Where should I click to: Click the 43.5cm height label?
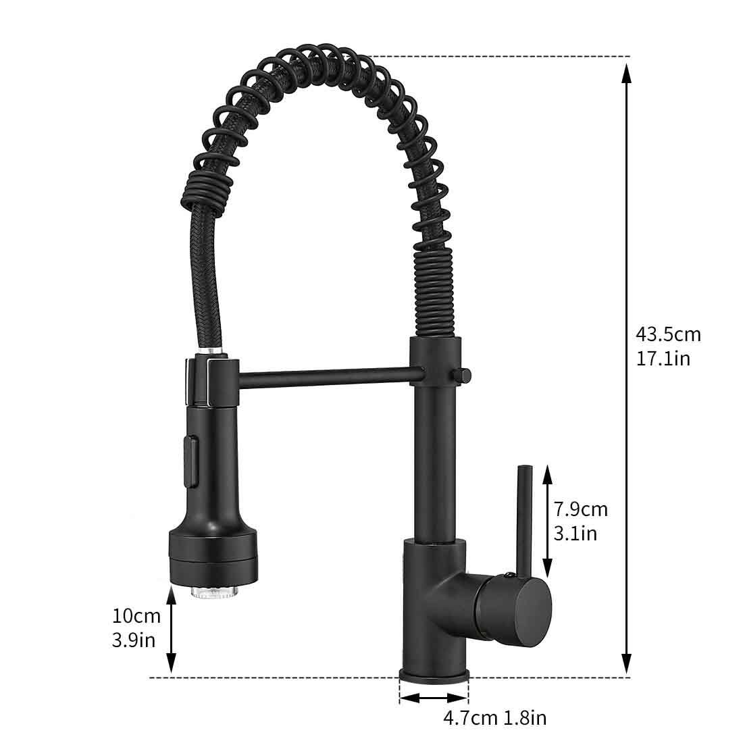pyautogui.click(x=668, y=334)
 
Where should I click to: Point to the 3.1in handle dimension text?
pyautogui.click(x=575, y=533)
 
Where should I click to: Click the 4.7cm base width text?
pyautogui.click(x=470, y=717)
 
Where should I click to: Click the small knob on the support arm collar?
pyautogui.click(x=464, y=373)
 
